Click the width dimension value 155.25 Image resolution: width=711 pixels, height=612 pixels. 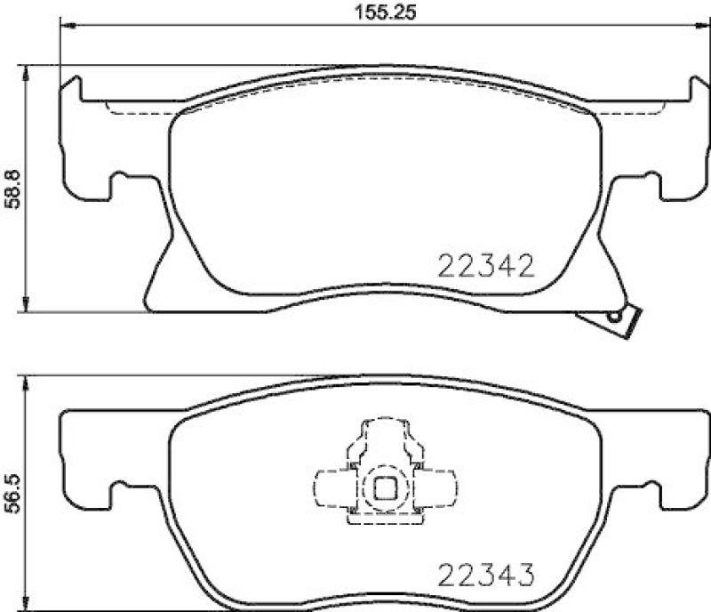373,13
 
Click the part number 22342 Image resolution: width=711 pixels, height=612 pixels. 486,264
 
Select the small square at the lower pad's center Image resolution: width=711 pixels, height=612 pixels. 386,487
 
